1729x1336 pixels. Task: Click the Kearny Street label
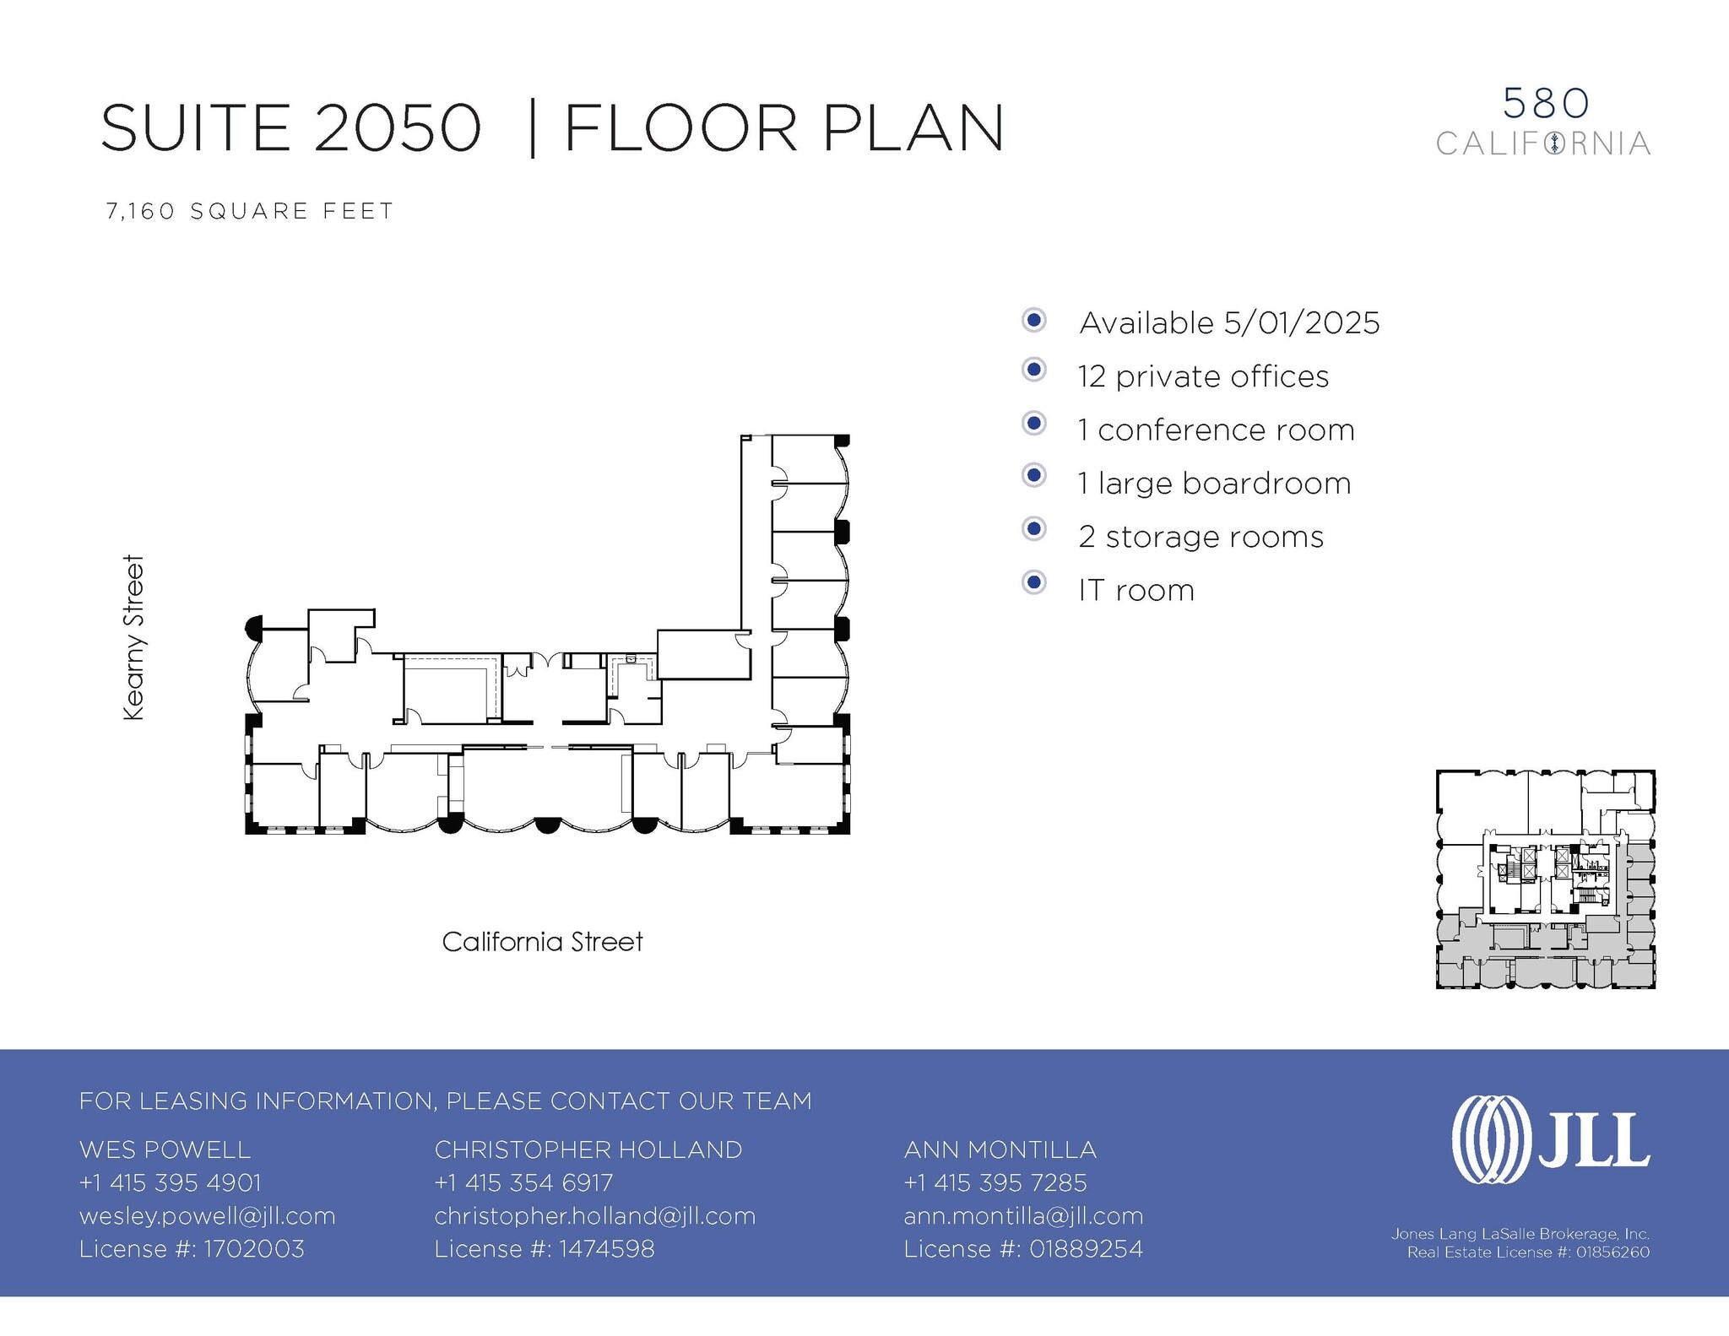[134, 637]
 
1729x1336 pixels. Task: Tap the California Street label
[542, 942]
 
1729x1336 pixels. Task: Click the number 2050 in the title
[398, 128]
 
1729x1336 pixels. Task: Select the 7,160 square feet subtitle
[250, 211]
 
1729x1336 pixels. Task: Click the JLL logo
[1550, 1139]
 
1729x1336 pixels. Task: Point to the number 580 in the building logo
[1546, 104]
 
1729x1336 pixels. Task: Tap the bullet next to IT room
[1033, 582]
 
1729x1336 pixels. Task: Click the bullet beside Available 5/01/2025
[1033, 320]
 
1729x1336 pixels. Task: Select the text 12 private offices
[1203, 376]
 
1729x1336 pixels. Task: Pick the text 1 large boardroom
[1214, 484]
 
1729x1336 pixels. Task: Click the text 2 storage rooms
[1201, 537]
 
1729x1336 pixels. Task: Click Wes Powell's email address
[207, 1216]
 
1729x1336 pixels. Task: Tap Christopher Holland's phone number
[523, 1183]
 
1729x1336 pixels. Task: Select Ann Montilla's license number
[1023, 1249]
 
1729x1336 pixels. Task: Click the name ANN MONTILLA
[1000, 1149]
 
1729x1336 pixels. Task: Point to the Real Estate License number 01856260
[1528, 1252]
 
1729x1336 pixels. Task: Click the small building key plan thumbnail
[1545, 879]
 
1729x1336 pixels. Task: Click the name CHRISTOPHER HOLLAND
[588, 1149]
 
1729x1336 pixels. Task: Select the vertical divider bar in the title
[532, 128]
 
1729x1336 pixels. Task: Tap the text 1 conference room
[1216, 430]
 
